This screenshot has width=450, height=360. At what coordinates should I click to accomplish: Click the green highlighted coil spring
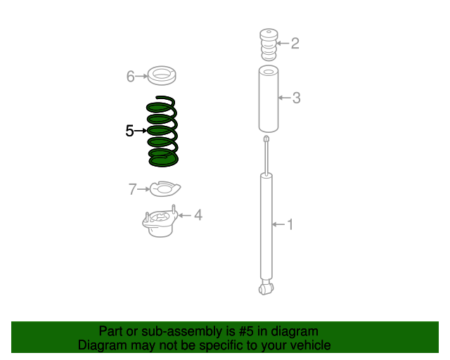pos(162,132)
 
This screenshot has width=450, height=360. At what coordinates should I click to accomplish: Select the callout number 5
pos(129,131)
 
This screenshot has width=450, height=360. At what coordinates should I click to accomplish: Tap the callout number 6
pos(130,77)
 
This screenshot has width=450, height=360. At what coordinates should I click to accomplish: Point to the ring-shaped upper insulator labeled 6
pos(162,74)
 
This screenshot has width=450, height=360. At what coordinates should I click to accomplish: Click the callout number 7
pos(131,189)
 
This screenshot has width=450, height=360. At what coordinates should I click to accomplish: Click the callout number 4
pos(198,215)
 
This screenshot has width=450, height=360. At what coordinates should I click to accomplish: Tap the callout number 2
pos(295,44)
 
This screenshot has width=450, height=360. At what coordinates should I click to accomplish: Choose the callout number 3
pos(296,98)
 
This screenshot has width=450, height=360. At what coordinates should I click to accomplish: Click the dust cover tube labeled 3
pos(268,98)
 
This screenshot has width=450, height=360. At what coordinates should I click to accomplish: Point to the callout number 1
pos(289,225)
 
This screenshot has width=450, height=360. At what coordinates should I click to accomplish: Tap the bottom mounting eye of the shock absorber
pos(265,288)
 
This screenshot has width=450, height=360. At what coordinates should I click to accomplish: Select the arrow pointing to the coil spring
pos(140,131)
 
